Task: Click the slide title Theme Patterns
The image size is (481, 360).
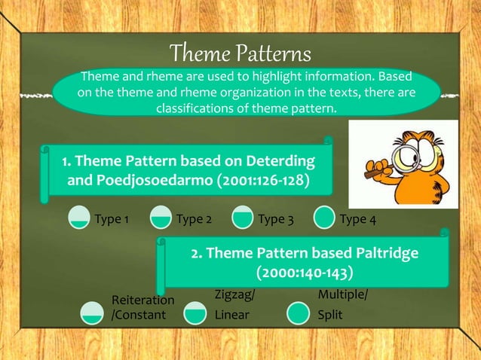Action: (240, 53)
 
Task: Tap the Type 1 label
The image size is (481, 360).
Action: (112, 220)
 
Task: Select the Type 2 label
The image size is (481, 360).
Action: (193, 220)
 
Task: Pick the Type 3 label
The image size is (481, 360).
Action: (275, 220)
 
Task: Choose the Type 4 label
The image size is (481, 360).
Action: (358, 220)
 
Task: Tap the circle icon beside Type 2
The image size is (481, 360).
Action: (159, 218)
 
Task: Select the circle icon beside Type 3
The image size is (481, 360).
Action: (242, 218)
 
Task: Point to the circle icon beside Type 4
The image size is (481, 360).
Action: (324, 218)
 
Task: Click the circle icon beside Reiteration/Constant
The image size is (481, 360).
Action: (92, 312)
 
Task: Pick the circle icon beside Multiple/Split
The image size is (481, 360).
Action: (299, 313)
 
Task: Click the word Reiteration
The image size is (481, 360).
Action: (143, 301)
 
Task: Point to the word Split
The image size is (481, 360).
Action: (330, 314)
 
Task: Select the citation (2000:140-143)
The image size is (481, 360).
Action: (304, 271)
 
